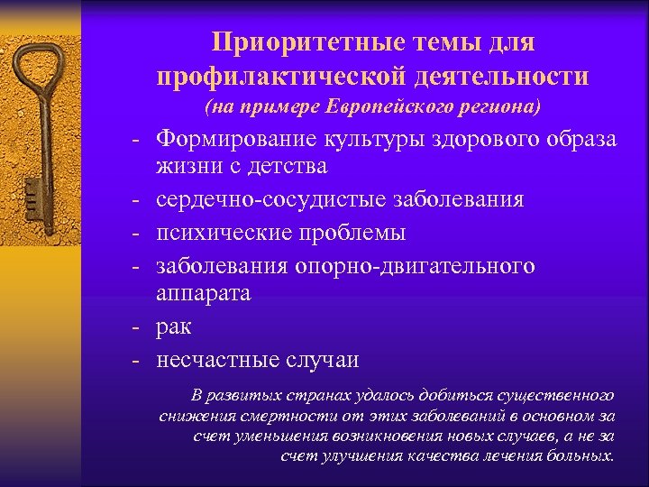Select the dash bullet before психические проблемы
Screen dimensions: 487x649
pos(133,233)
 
